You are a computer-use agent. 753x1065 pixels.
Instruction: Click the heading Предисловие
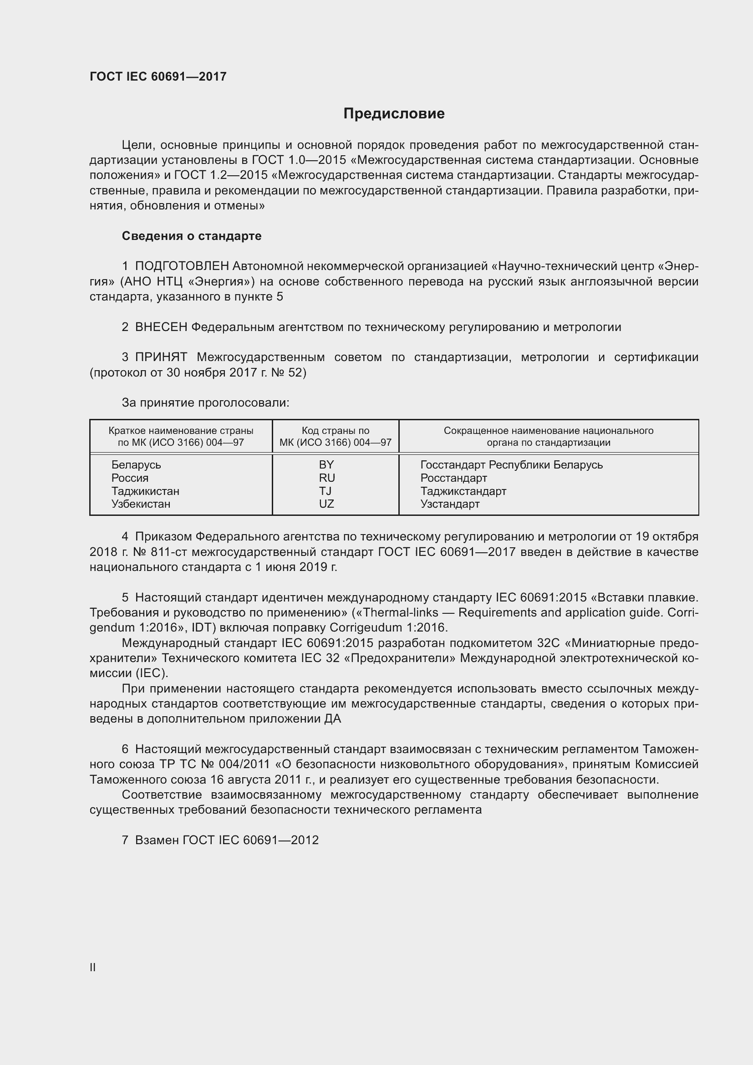[394, 114]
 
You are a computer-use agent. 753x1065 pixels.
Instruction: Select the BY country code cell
[326, 465]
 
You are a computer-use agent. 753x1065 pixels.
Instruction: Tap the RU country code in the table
[326, 478]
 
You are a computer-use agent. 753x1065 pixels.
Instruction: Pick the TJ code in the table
[325, 491]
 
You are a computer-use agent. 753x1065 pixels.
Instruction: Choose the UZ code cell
[326, 504]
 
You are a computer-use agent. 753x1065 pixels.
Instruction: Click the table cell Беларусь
[136, 465]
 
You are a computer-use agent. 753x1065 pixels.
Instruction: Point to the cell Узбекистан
[141, 504]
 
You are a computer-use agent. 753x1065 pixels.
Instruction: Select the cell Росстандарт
[453, 478]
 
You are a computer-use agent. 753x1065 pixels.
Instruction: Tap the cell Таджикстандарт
[463, 491]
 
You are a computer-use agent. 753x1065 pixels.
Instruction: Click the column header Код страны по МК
[335, 436]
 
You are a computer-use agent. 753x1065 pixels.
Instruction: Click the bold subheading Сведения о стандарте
[192, 236]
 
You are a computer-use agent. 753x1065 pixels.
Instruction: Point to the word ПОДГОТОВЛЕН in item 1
[182, 266]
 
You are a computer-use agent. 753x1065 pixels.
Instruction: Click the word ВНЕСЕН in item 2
[161, 327]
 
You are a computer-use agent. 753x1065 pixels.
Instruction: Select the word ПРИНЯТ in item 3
[161, 357]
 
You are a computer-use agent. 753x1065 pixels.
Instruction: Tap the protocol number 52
[295, 372]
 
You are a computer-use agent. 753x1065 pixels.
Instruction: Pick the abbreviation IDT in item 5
[203, 628]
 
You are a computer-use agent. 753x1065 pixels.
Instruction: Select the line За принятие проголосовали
[205, 403]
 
